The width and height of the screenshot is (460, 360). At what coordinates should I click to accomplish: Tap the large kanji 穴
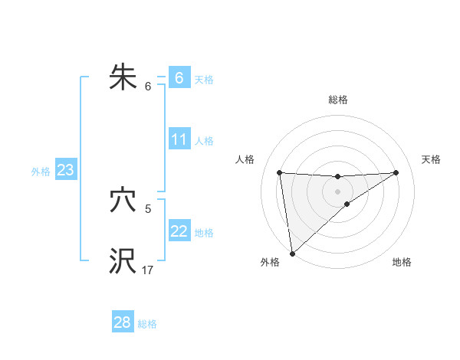[123, 201]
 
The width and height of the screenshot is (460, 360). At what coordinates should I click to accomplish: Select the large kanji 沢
[123, 261]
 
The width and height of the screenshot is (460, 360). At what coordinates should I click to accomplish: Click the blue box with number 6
[179, 78]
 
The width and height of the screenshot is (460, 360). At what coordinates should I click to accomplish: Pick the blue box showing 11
[179, 139]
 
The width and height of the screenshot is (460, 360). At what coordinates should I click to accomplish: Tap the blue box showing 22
[179, 231]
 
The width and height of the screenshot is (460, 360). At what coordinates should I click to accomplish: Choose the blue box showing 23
[65, 170]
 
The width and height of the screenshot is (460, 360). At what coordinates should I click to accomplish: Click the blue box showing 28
[122, 322]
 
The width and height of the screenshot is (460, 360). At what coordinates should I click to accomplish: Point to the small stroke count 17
[148, 270]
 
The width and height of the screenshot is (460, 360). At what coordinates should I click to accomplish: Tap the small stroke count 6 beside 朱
[148, 86]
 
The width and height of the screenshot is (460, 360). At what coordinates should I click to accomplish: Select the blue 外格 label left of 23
[41, 172]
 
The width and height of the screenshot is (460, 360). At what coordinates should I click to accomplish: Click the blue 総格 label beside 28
[147, 324]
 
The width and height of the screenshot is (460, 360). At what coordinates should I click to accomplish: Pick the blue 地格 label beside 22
[204, 233]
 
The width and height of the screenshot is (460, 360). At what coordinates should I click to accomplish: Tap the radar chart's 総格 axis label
[337, 100]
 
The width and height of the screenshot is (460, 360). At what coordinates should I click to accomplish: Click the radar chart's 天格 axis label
[431, 159]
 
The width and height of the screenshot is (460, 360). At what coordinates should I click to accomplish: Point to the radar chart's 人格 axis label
[245, 159]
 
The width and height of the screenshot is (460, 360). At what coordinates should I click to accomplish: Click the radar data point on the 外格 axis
[292, 253]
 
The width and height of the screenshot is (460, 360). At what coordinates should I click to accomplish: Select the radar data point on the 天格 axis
[396, 172]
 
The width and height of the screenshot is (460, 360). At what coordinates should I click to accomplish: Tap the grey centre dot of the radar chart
[337, 191]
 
